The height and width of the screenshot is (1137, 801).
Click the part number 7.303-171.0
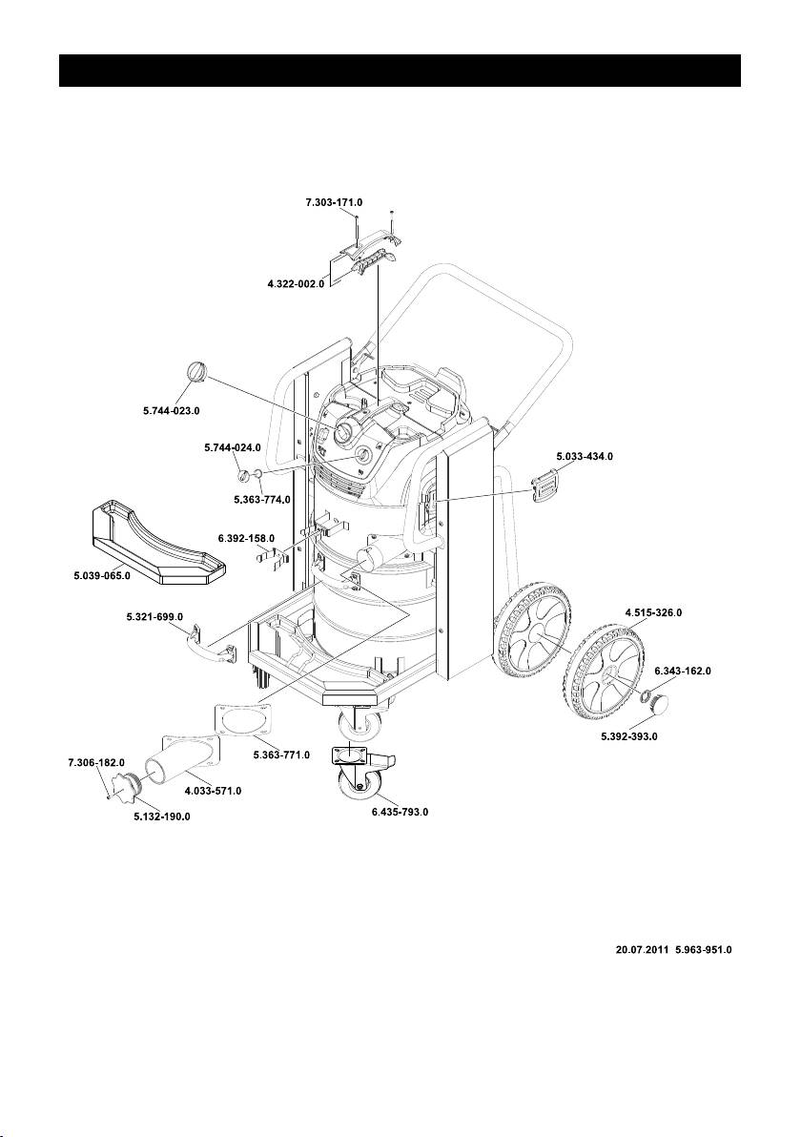(334, 202)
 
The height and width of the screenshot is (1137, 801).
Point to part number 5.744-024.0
(233, 447)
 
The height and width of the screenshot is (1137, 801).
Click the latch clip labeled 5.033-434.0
(545, 485)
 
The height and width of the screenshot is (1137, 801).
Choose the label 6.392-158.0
(246, 538)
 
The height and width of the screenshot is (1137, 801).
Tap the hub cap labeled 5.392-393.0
(662, 703)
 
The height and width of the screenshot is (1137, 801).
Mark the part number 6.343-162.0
(682, 672)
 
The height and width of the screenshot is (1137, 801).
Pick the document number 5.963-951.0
(703, 950)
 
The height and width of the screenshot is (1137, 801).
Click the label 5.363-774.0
(262, 500)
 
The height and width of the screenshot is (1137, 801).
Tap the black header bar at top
(400, 71)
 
